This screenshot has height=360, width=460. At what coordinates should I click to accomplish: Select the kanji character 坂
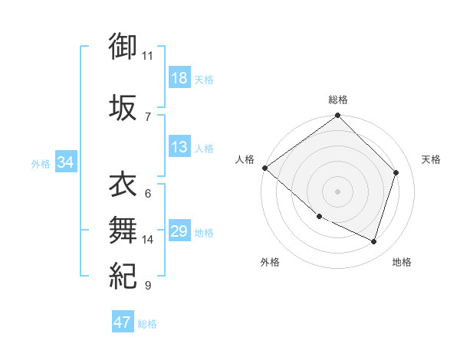(x=123, y=107)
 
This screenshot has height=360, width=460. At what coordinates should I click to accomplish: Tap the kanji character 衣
(x=123, y=185)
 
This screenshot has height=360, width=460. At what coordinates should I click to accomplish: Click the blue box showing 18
(x=179, y=78)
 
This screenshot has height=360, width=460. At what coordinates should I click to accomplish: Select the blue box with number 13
(x=179, y=148)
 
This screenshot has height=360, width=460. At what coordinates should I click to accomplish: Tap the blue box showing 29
(x=179, y=231)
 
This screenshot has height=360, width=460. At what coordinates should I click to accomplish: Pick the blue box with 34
(x=65, y=162)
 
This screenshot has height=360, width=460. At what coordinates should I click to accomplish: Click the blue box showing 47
(x=123, y=322)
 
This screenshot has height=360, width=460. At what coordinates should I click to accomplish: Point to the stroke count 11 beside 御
(x=148, y=56)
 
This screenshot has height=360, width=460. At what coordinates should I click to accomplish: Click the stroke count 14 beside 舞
(x=148, y=240)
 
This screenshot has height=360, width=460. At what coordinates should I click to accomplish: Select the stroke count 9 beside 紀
(x=147, y=286)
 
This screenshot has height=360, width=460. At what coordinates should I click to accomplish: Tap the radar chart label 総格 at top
(x=338, y=100)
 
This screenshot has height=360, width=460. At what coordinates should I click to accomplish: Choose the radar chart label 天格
(x=432, y=159)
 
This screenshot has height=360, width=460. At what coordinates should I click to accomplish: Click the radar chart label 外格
(x=270, y=262)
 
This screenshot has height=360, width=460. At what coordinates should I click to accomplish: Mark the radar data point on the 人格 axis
(x=264, y=168)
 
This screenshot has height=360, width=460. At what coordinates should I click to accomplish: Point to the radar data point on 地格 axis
(x=374, y=242)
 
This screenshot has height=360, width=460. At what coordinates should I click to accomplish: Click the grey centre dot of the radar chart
(x=337, y=191)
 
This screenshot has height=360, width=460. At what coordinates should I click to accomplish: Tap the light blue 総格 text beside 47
(x=147, y=324)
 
